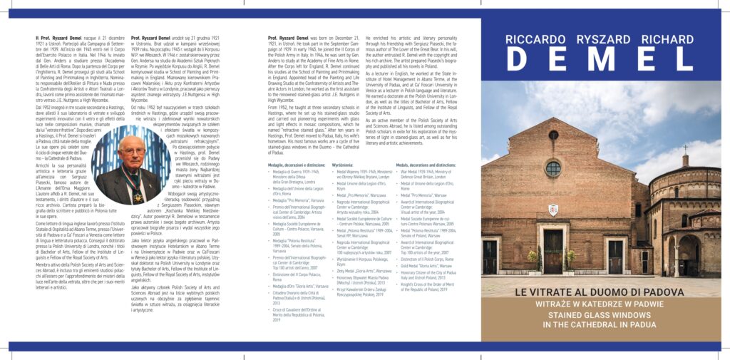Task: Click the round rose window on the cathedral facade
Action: pyautogui.click(x=553, y=169)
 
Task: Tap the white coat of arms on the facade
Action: pyautogui.click(x=553, y=212)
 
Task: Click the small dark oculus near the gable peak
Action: pyautogui.click(x=553, y=135)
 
